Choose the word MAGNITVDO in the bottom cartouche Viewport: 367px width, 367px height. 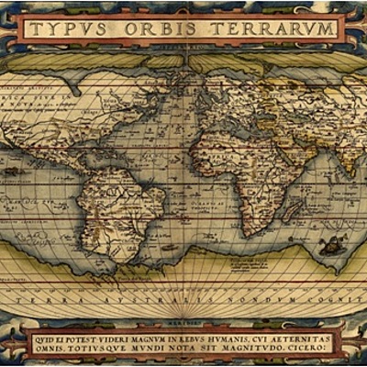coord(255,350)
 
